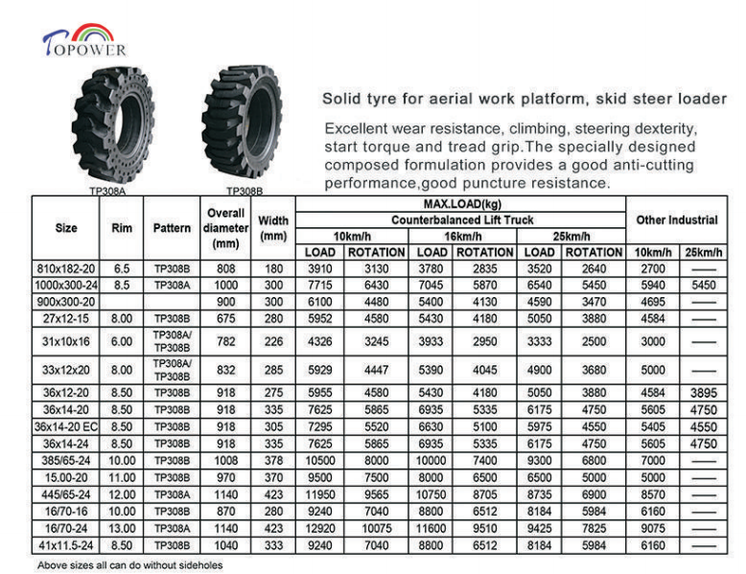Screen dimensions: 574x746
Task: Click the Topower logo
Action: coord(84,39)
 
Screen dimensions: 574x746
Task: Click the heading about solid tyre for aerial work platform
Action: coord(524,99)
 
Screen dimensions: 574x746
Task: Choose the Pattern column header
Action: coord(172,229)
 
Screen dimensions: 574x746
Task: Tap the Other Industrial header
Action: coord(676,220)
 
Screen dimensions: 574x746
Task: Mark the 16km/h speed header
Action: coord(461,237)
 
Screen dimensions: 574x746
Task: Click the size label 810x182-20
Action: coord(66,269)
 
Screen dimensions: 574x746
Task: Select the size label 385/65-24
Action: coord(66,459)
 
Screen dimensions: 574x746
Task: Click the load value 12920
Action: coord(320,526)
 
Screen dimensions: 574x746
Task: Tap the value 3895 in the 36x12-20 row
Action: coord(703,392)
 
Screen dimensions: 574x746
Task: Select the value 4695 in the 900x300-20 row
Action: coord(652,302)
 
